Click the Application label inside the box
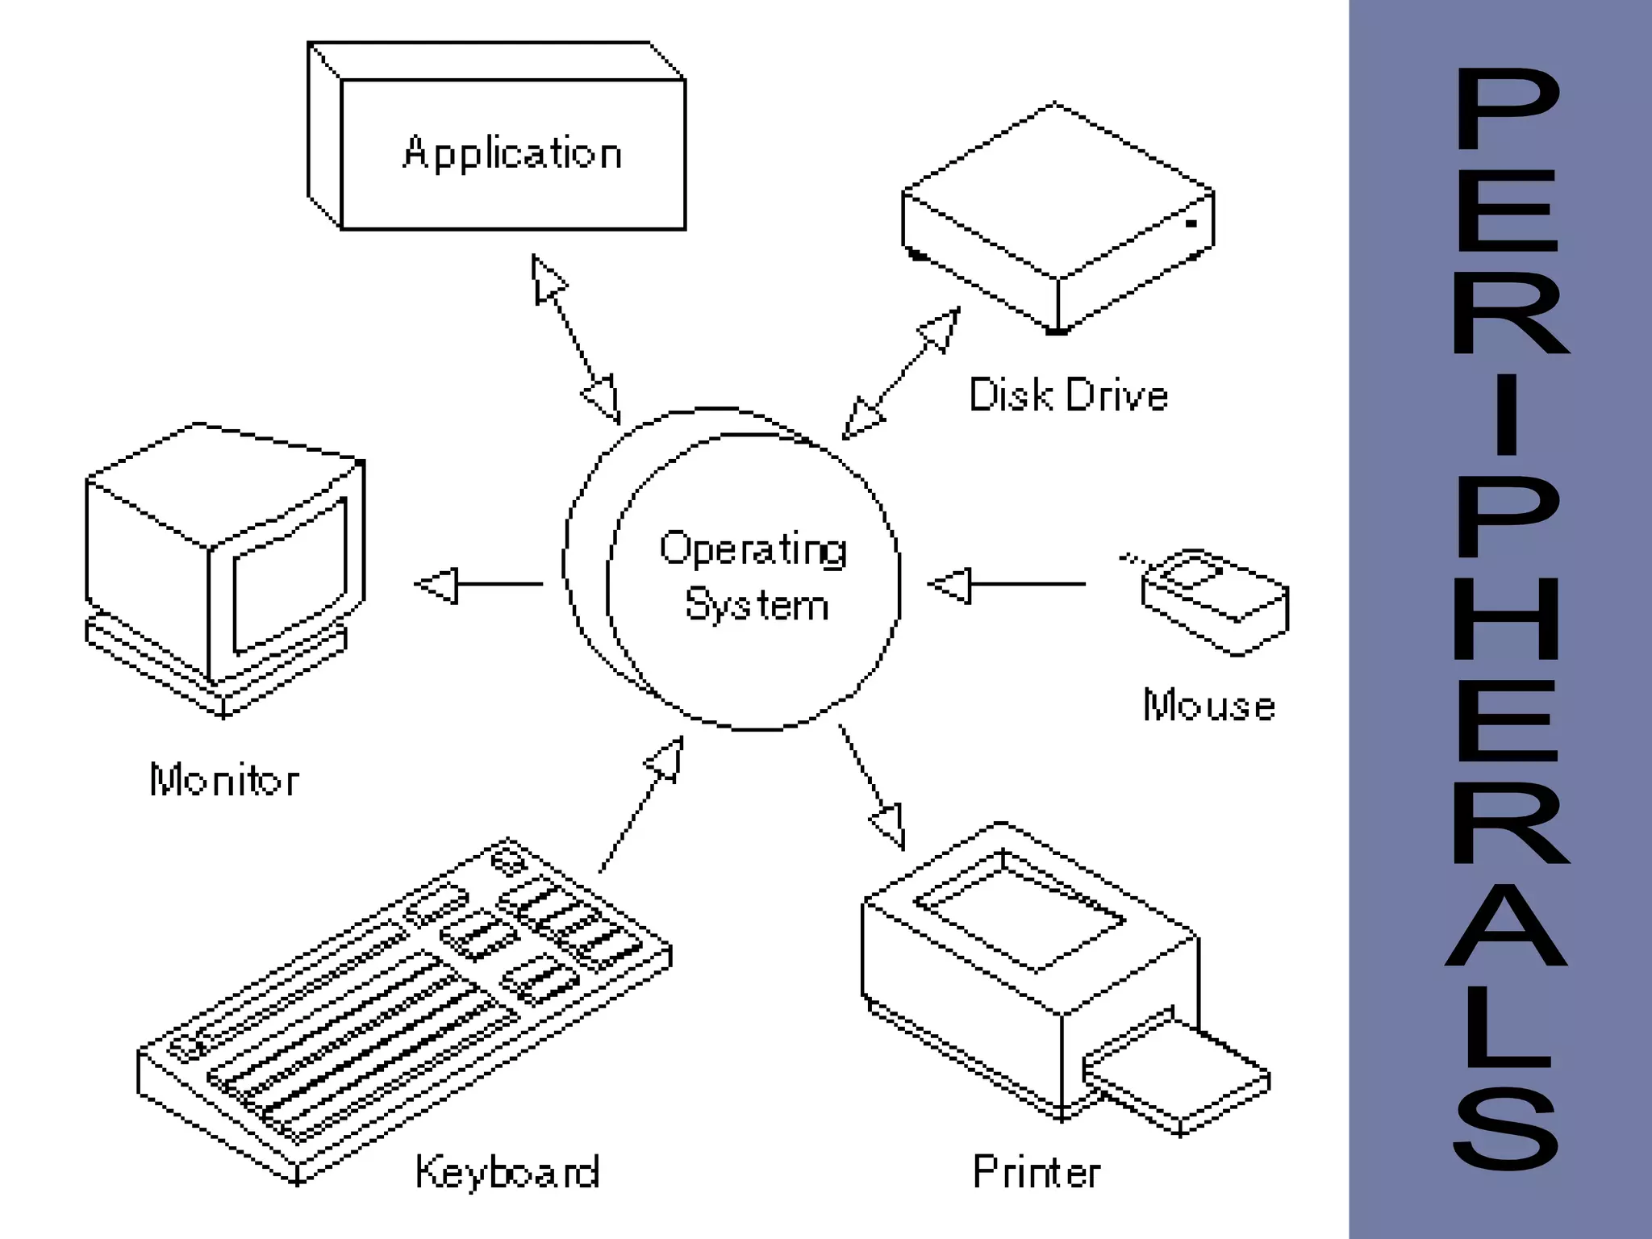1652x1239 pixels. pyautogui.click(x=512, y=153)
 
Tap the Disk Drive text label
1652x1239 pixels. pyautogui.click(x=1068, y=395)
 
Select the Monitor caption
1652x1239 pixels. pyautogui.click(x=224, y=780)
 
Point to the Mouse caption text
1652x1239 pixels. pyautogui.click(x=1208, y=705)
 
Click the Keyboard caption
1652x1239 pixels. pyautogui.click(x=507, y=1171)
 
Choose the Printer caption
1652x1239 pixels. pyautogui.click(x=1037, y=1171)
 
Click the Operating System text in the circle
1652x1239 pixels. pyautogui.click(x=754, y=576)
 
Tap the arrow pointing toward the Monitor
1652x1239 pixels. pyautogui.click(x=478, y=584)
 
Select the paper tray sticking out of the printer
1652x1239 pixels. pyautogui.click(x=1178, y=1074)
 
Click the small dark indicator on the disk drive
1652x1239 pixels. pyautogui.click(x=1191, y=223)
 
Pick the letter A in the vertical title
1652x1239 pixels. pyautogui.click(x=1505, y=925)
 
